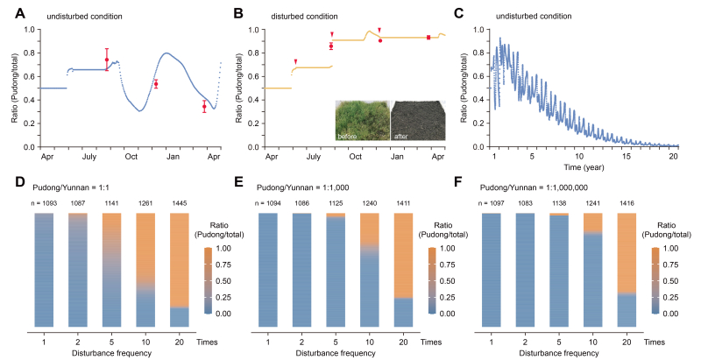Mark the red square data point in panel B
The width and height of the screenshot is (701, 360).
[428, 38]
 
